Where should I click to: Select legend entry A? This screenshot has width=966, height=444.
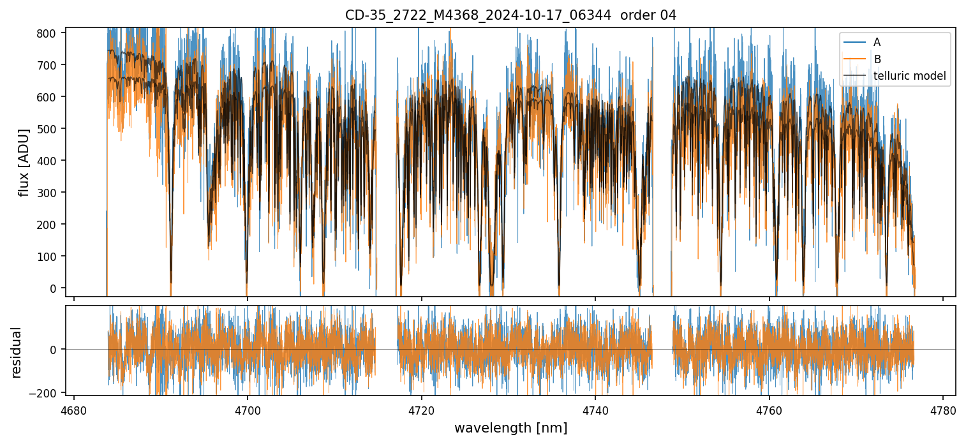[877, 42]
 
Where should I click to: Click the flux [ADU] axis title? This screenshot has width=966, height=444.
[24, 162]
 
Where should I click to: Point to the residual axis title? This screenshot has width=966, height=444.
[17, 352]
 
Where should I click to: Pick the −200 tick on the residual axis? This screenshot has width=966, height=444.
[47, 392]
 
